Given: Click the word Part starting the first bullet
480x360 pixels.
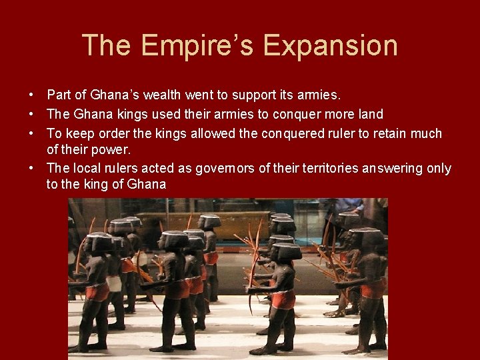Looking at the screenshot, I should [59, 96].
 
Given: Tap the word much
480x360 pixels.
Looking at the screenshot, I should [427, 133].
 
